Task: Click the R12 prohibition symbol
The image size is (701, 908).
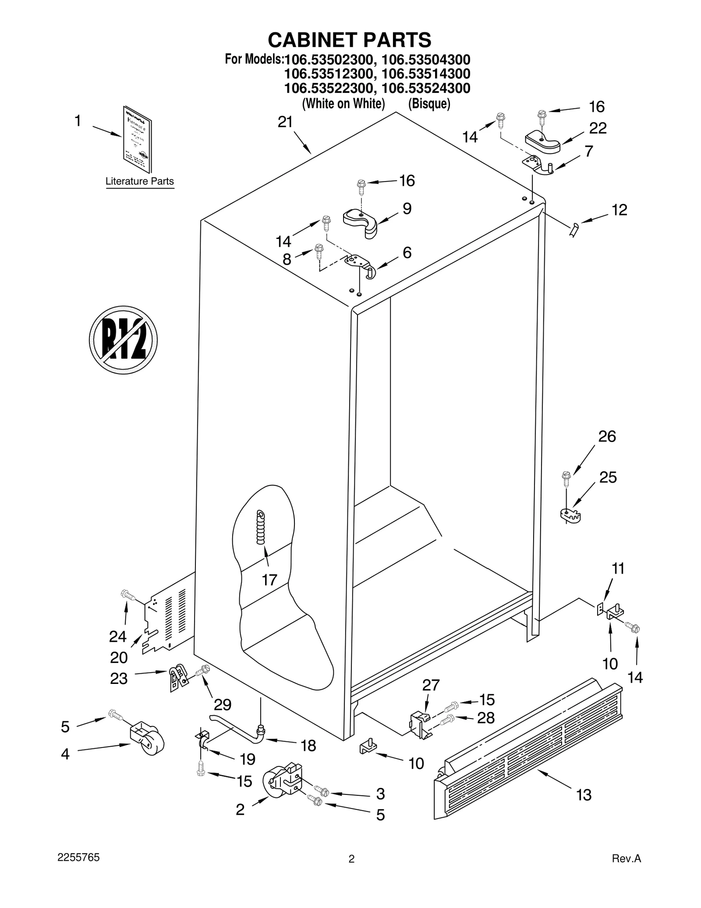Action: click(123, 340)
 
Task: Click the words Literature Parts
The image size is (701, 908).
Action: click(140, 181)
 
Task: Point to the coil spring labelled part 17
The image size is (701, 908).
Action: click(261, 527)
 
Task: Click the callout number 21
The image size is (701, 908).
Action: click(285, 122)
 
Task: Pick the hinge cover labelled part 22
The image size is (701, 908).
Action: click(542, 142)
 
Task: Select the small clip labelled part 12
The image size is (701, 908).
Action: click(574, 229)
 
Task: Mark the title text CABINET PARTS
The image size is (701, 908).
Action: click(349, 40)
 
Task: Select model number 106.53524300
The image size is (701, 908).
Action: click(426, 88)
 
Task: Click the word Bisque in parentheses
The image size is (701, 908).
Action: click(429, 104)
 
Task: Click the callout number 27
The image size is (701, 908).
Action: click(431, 685)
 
